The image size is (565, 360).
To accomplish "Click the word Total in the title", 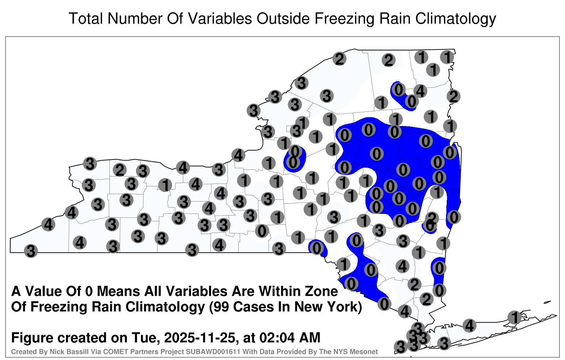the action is (86, 18).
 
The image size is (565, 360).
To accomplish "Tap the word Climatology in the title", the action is (456, 19).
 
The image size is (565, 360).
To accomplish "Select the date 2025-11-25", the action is (200, 338).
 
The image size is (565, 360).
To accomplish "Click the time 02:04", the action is (277, 338).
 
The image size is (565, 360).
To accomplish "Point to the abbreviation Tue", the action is (145, 338).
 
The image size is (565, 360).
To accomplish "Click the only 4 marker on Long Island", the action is (469, 325).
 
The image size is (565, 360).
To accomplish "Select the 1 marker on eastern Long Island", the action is (515, 317).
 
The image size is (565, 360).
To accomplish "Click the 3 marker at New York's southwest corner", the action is (31, 251).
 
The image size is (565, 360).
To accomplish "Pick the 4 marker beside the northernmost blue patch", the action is (420, 91).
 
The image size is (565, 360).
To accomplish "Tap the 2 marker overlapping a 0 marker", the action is (432, 217).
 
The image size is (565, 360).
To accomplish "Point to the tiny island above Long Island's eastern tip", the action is (547, 302).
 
